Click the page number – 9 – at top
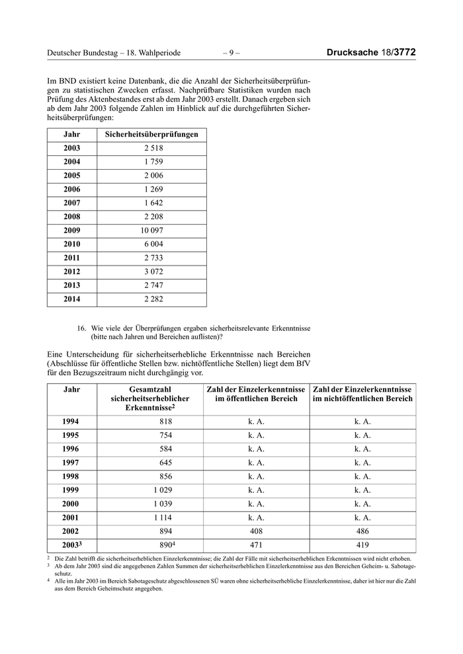pyautogui.click(x=231, y=53)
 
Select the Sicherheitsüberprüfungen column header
pyautogui.click(x=152, y=134)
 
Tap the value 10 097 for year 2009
pyautogui.click(x=152, y=231)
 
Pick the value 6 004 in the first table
pyautogui.click(x=153, y=244)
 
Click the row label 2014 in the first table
pyautogui.click(x=71, y=299)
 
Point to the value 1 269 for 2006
pyautogui.click(x=153, y=190)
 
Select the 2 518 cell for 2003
pyautogui.click(x=153, y=148)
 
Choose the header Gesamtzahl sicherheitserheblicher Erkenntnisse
pyautogui.click(x=151, y=399)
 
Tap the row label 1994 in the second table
pyautogui.click(x=71, y=421)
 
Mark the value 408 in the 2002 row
pyautogui.click(x=256, y=531)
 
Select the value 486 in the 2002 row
pyautogui.click(x=362, y=531)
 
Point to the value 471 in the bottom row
pyautogui.click(x=256, y=546)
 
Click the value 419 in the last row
pyautogui.click(x=362, y=546)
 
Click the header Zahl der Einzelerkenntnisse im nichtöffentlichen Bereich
pyautogui.click(x=362, y=394)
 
